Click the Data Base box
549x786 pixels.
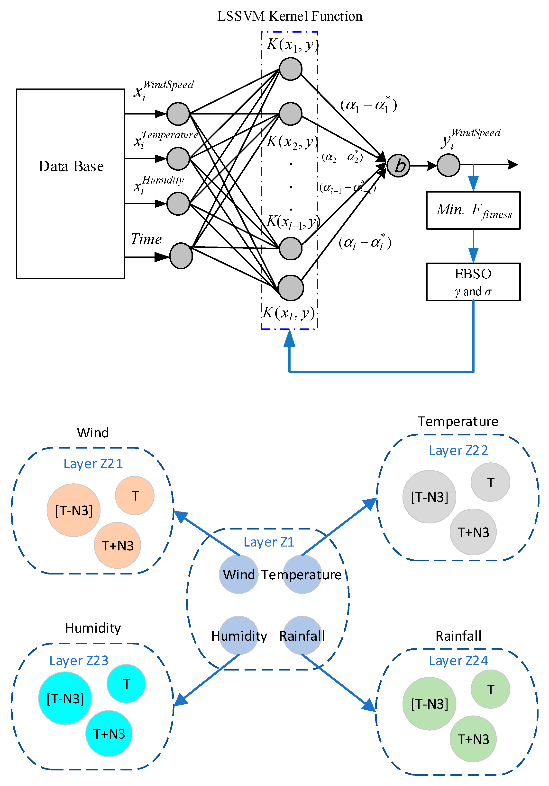pos(70,184)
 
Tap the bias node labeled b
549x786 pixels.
pos(398,166)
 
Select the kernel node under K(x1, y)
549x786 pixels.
pos(291,69)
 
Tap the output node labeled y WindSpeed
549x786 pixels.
pos(448,165)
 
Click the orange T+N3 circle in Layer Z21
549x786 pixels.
pos(117,545)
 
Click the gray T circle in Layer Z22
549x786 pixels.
pos(490,482)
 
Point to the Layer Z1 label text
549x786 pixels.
pos(269,542)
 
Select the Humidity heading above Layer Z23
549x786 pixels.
pos(93,628)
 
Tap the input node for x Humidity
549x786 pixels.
pos(178,204)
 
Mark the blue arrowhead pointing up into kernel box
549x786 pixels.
pos(290,338)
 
